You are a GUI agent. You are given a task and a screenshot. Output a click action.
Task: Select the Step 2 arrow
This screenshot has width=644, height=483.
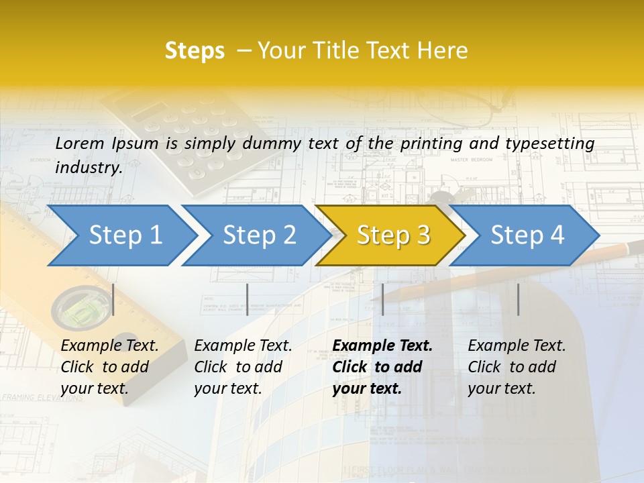[259, 235]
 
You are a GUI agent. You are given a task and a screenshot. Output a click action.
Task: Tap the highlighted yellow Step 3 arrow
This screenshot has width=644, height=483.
[393, 235]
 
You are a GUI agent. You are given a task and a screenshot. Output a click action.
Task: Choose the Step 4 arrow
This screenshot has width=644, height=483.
[527, 235]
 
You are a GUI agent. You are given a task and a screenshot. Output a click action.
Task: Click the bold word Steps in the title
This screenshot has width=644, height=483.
[195, 51]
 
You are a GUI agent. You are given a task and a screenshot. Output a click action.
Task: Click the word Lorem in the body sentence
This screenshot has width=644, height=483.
[80, 144]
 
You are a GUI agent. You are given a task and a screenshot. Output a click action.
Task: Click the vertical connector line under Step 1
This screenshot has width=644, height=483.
[113, 299]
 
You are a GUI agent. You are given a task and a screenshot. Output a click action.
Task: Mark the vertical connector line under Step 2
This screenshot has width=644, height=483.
[248, 299]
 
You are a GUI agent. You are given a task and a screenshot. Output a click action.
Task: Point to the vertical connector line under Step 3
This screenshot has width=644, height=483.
[382, 299]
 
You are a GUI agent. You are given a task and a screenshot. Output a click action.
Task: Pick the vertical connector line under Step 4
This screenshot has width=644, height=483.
[518, 299]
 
